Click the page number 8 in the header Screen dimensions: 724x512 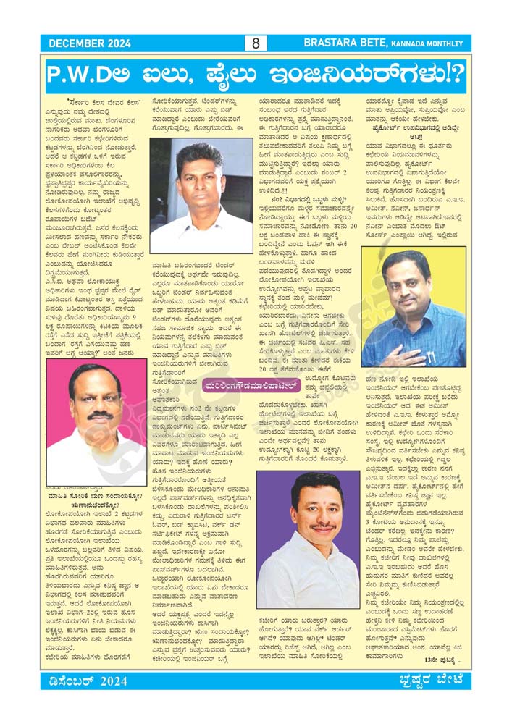[256, 43]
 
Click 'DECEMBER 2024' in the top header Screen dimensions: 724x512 [89, 43]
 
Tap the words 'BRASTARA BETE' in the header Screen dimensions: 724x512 [363, 43]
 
